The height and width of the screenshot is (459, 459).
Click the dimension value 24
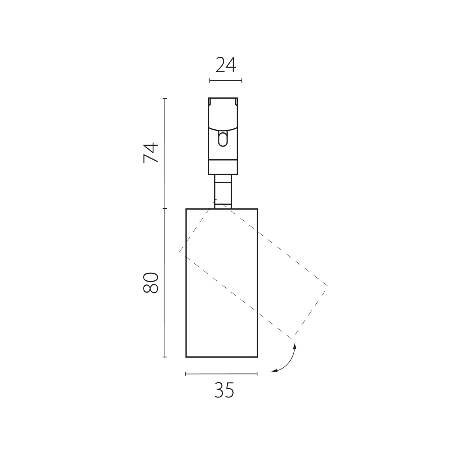[226, 65]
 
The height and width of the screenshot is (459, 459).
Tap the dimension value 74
[151, 153]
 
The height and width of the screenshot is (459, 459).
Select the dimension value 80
[151, 283]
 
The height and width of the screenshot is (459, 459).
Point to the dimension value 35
[224, 390]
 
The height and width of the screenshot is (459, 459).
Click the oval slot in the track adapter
[223, 139]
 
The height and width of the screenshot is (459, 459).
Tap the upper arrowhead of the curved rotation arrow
[295, 346]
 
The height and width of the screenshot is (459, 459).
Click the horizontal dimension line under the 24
[226, 80]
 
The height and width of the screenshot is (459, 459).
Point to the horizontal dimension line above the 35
[221, 374]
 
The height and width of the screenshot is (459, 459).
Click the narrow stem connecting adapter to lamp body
[223, 192]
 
